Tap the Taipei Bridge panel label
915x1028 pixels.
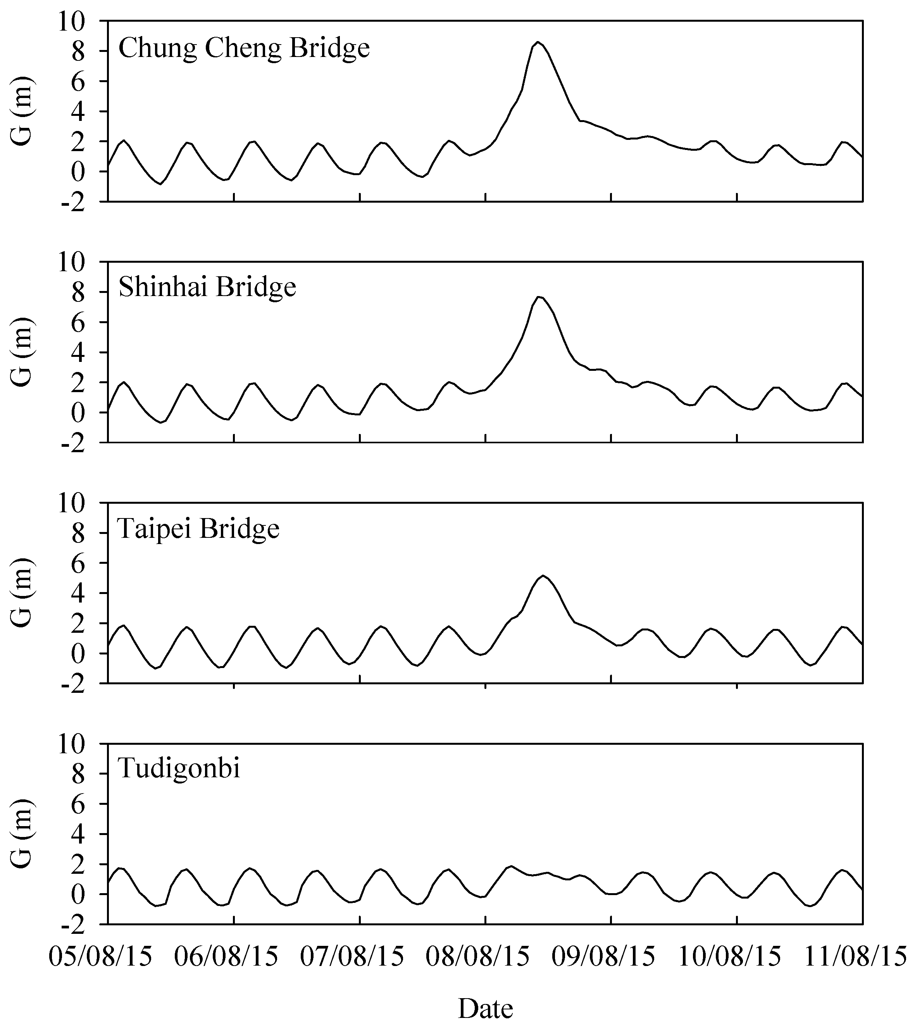point(198,529)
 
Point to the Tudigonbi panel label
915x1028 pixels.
point(179,770)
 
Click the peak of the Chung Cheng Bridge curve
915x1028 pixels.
point(538,42)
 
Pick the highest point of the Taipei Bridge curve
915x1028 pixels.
point(543,576)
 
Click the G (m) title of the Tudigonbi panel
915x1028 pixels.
point(22,833)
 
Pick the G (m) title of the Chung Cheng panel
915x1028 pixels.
point(22,111)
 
